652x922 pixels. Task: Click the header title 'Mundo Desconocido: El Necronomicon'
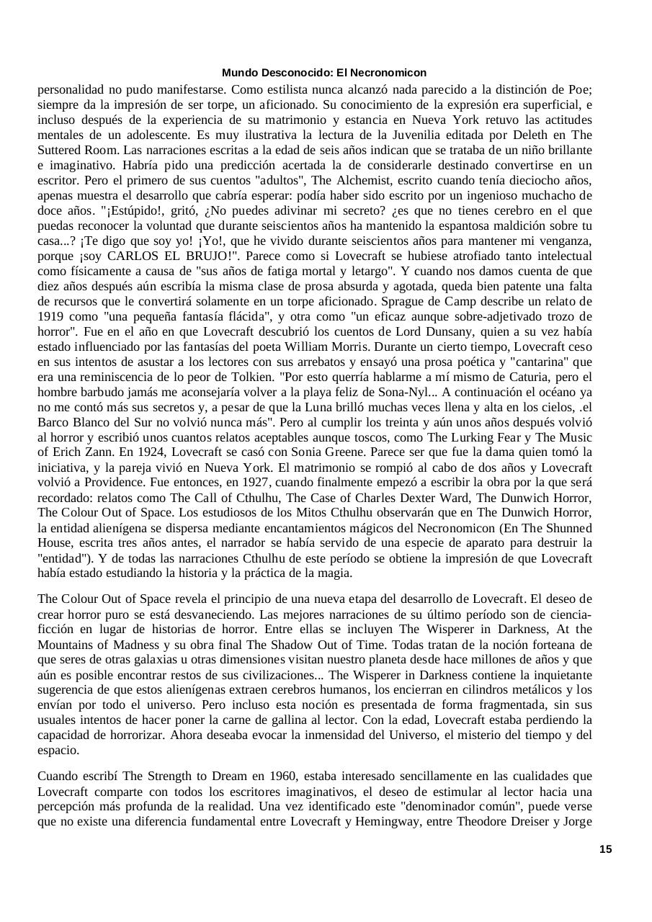[324, 73]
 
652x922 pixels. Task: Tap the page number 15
[605, 849]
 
